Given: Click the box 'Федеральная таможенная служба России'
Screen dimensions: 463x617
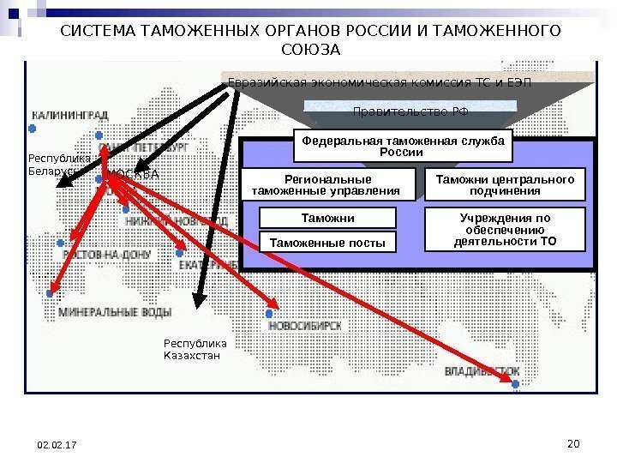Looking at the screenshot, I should click(x=403, y=147).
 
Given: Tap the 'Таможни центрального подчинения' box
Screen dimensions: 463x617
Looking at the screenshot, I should click(x=505, y=185).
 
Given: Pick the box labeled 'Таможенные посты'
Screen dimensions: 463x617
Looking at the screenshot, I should click(x=328, y=244).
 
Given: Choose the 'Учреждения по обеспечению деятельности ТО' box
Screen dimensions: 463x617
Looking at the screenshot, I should click(x=505, y=229).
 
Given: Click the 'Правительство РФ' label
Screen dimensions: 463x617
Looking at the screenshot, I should click(x=410, y=112).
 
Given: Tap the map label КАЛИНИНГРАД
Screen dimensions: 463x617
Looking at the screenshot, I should click(x=70, y=115).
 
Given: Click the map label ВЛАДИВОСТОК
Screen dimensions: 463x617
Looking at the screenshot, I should click(x=482, y=371).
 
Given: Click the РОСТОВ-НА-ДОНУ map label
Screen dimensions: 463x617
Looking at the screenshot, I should click(x=109, y=254).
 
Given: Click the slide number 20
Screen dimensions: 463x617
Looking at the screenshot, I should click(x=574, y=443).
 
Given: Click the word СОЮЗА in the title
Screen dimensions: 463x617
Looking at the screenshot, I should click(x=310, y=50).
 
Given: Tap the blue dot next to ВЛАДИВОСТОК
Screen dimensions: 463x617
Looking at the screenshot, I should click(x=515, y=385).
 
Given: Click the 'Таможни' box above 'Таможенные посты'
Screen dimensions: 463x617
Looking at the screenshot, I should click(x=328, y=218).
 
